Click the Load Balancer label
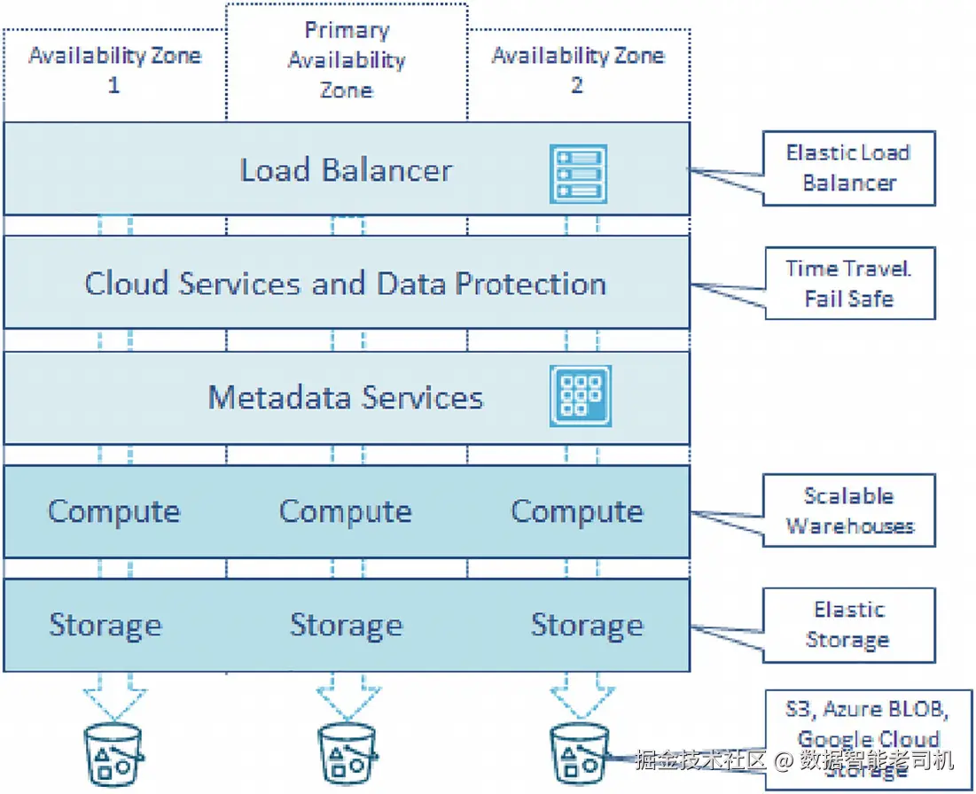pos(346,170)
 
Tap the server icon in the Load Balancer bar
pos(578,173)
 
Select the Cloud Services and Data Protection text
pos(346,284)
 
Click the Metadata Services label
pos(346,397)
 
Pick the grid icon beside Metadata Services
pos(580,395)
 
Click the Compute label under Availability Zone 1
pos(113,511)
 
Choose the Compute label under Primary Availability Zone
pos(346,511)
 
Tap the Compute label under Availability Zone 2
pos(577,511)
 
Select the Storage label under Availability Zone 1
pos(105,625)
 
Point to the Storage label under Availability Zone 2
pos(587,625)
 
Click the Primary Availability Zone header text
pos(346,60)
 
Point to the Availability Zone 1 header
pos(114,70)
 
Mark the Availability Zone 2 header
pos(577,70)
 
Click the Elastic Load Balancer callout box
pos(848,167)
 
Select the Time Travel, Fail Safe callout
pos(848,284)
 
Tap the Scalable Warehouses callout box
pos(848,510)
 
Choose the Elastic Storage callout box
pos(848,625)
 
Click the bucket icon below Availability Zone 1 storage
pos(113,752)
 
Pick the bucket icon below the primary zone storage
pos(347,752)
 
